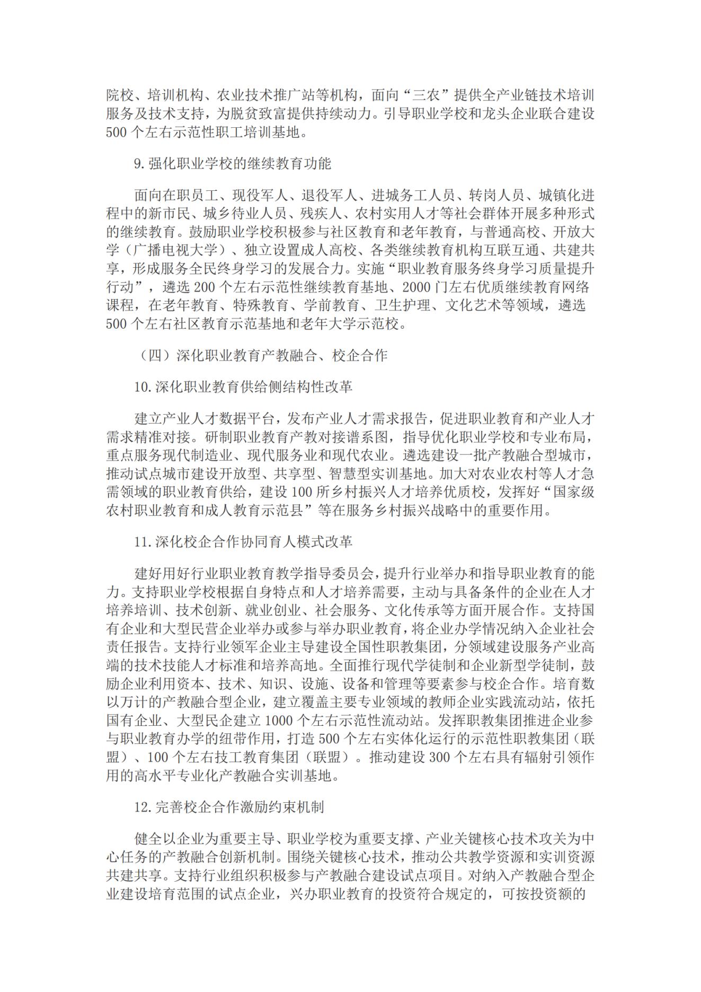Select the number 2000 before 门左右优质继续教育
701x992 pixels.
416,288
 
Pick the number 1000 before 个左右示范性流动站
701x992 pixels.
278,721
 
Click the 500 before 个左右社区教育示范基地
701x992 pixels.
116,324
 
